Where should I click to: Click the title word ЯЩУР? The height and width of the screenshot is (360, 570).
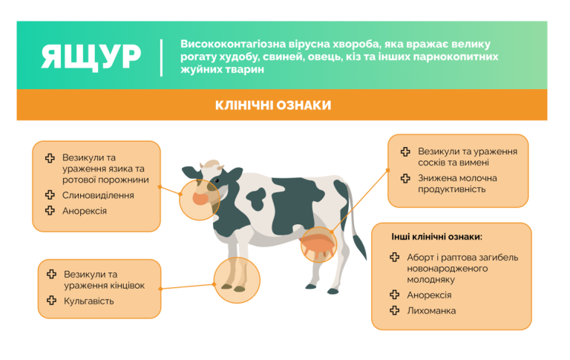click(91, 57)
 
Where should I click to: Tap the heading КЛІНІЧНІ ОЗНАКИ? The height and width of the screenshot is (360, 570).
click(273, 105)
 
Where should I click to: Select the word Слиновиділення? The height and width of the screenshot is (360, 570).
click(98, 195)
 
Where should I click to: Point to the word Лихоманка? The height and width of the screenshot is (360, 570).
click(431, 310)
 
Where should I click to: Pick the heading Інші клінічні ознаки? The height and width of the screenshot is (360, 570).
click(437, 238)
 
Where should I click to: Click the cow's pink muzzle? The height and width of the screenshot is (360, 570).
click(201, 198)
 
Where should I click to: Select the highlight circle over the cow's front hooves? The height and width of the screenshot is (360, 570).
click(237, 276)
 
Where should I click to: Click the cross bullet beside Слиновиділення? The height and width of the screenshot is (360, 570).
click(50, 195)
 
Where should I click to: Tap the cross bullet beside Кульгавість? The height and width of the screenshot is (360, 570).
click(51, 301)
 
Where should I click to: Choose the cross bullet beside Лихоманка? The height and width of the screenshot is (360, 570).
click(395, 310)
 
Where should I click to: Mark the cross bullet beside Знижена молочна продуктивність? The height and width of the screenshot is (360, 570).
click(405, 178)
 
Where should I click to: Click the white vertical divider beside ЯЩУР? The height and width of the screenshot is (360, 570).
click(162, 57)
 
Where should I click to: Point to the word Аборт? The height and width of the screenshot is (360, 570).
click(422, 258)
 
